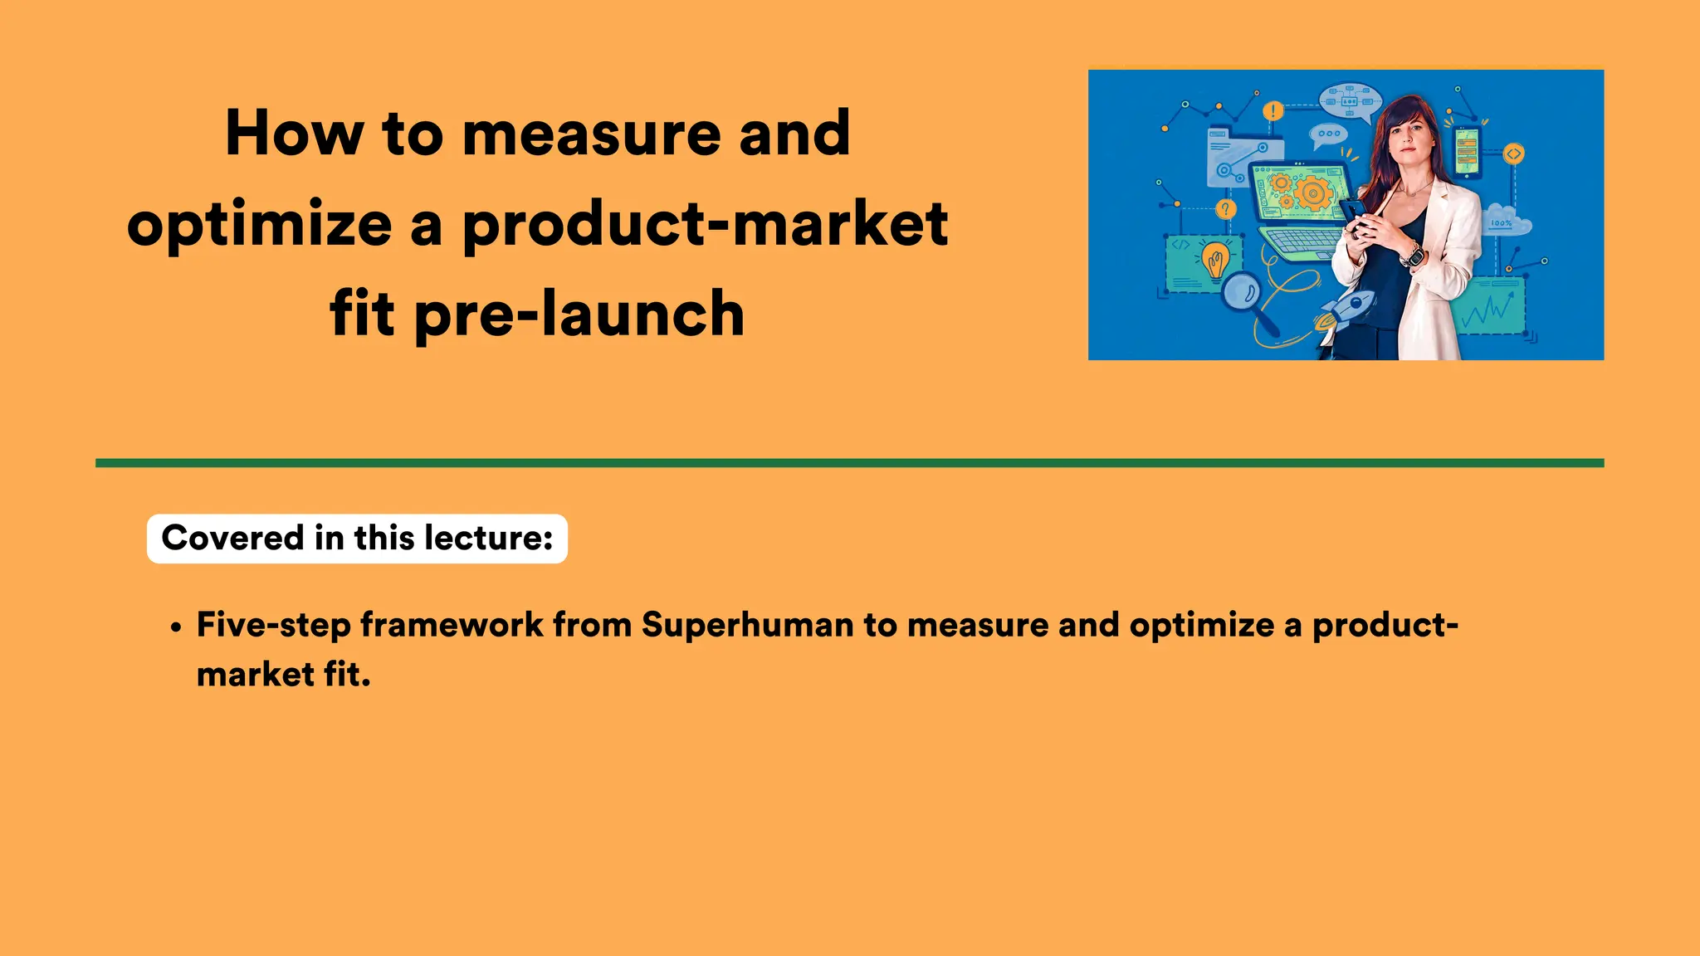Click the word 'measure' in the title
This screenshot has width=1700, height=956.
pos(591,134)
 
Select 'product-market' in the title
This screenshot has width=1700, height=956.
pos(705,224)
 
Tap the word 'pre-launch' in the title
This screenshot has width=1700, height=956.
pos(579,315)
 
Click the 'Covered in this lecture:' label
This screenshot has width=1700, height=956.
pos(357,539)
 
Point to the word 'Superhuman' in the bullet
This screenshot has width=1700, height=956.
pos(747,625)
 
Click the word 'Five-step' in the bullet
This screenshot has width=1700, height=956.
pos(273,625)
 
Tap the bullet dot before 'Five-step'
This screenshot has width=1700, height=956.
pos(175,628)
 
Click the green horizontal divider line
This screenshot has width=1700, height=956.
pos(849,463)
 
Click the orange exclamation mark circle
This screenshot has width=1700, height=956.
pos(1273,110)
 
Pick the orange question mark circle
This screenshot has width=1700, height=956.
pos(1226,208)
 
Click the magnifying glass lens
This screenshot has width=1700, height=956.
pos(1243,290)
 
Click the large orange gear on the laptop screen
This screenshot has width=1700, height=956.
pos(1312,194)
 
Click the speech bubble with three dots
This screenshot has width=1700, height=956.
pos(1328,134)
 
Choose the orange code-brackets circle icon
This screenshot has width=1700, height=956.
pos(1513,154)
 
